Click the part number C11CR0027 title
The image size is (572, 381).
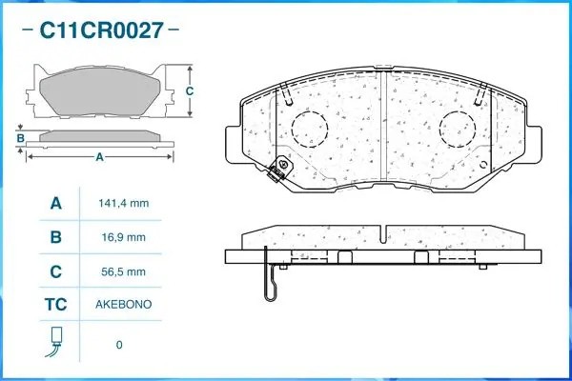coord(101,30)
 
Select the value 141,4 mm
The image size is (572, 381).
coord(124,203)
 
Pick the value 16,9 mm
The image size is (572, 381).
coord(124,237)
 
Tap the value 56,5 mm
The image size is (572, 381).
coord(124,271)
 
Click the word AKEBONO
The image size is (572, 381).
coord(124,305)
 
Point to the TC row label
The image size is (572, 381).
coord(56,305)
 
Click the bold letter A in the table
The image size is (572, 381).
coord(56,203)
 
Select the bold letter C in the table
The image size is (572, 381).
coord(56,271)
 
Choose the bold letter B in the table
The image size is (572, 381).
coord(56,237)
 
